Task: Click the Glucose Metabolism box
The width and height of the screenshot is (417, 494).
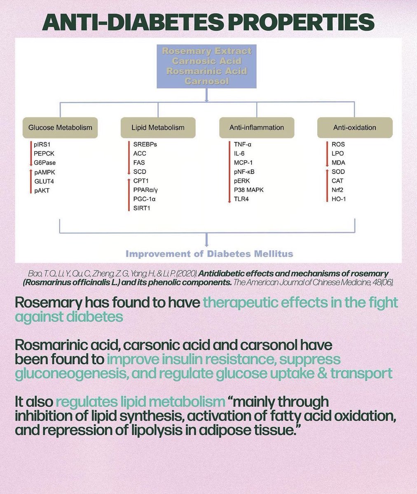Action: click(x=60, y=127)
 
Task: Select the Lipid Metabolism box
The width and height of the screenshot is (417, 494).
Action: click(x=158, y=127)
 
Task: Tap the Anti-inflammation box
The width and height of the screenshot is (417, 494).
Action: click(x=256, y=127)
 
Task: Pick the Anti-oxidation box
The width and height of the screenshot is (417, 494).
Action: click(x=354, y=127)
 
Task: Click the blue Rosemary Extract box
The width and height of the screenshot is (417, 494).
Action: click(x=206, y=66)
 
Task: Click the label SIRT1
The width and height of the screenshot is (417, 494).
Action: click(x=142, y=208)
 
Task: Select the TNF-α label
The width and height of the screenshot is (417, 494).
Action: click(x=243, y=144)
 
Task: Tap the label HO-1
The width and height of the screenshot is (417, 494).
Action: click(x=338, y=199)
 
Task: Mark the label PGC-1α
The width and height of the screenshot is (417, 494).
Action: click(x=144, y=199)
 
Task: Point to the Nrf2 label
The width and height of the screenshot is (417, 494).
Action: click(x=337, y=190)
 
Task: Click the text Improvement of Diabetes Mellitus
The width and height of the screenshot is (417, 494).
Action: click(x=209, y=253)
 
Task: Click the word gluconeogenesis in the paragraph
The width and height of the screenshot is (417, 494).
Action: click(x=59, y=374)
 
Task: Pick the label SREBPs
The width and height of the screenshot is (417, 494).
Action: click(x=145, y=144)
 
